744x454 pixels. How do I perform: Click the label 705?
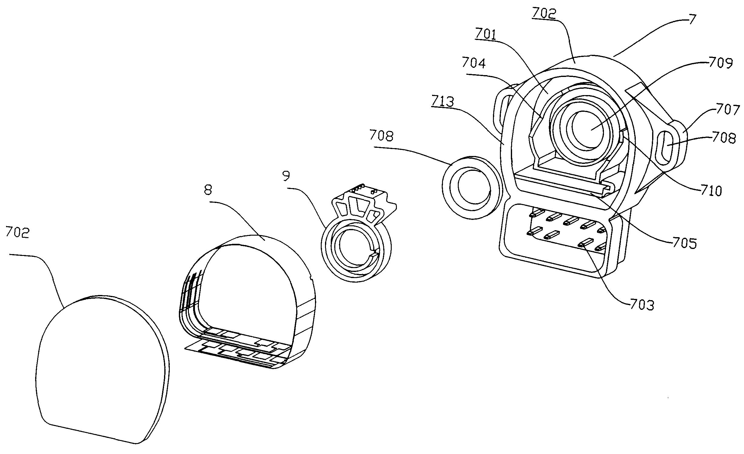coord(684,243)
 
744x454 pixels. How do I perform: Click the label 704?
coord(474,63)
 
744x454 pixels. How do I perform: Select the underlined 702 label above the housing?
coord(544,14)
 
